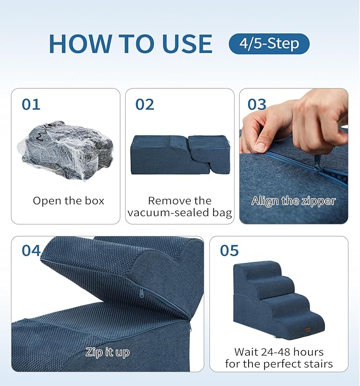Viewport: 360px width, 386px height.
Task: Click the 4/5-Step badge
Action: tap(269, 43)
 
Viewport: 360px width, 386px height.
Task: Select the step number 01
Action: tap(31, 104)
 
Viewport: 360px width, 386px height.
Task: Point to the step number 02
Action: tap(145, 104)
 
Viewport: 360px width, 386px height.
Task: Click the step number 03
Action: tap(257, 104)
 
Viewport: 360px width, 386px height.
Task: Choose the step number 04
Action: tap(31, 250)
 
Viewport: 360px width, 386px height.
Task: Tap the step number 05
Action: tap(229, 250)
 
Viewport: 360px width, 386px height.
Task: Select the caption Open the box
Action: tap(68, 201)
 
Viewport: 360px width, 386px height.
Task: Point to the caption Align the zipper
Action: tap(293, 201)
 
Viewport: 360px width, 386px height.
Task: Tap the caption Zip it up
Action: tap(108, 352)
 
